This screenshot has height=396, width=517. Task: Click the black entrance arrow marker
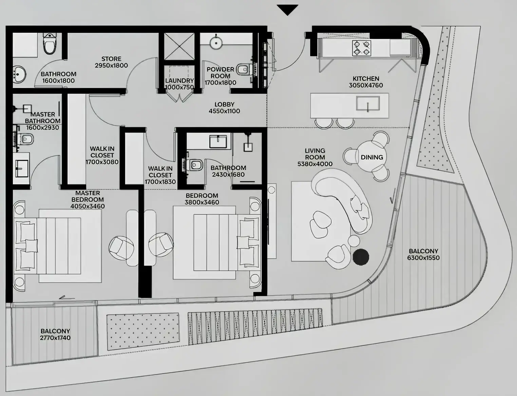[287, 10]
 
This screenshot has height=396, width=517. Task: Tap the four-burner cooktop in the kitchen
[362, 48]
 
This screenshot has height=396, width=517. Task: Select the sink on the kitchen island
[368, 103]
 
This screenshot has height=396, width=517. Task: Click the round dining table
[372, 157]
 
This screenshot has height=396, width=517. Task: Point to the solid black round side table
[361, 257]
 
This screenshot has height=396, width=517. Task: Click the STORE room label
[111, 59]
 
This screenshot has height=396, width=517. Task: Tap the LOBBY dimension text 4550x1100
[224, 111]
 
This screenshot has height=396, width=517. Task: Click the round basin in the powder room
[215, 43]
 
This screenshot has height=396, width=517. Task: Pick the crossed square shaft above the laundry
[179, 47]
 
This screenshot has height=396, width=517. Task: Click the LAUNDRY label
[179, 81]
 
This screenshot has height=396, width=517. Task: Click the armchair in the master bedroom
[121, 248]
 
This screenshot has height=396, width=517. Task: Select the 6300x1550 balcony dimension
[423, 258]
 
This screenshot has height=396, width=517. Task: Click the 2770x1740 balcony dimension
[55, 338]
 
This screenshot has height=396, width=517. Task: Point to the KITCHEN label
[366, 78]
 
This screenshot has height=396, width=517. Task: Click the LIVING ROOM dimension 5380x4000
[315, 164]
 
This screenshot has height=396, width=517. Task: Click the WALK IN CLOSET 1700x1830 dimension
[160, 182]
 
